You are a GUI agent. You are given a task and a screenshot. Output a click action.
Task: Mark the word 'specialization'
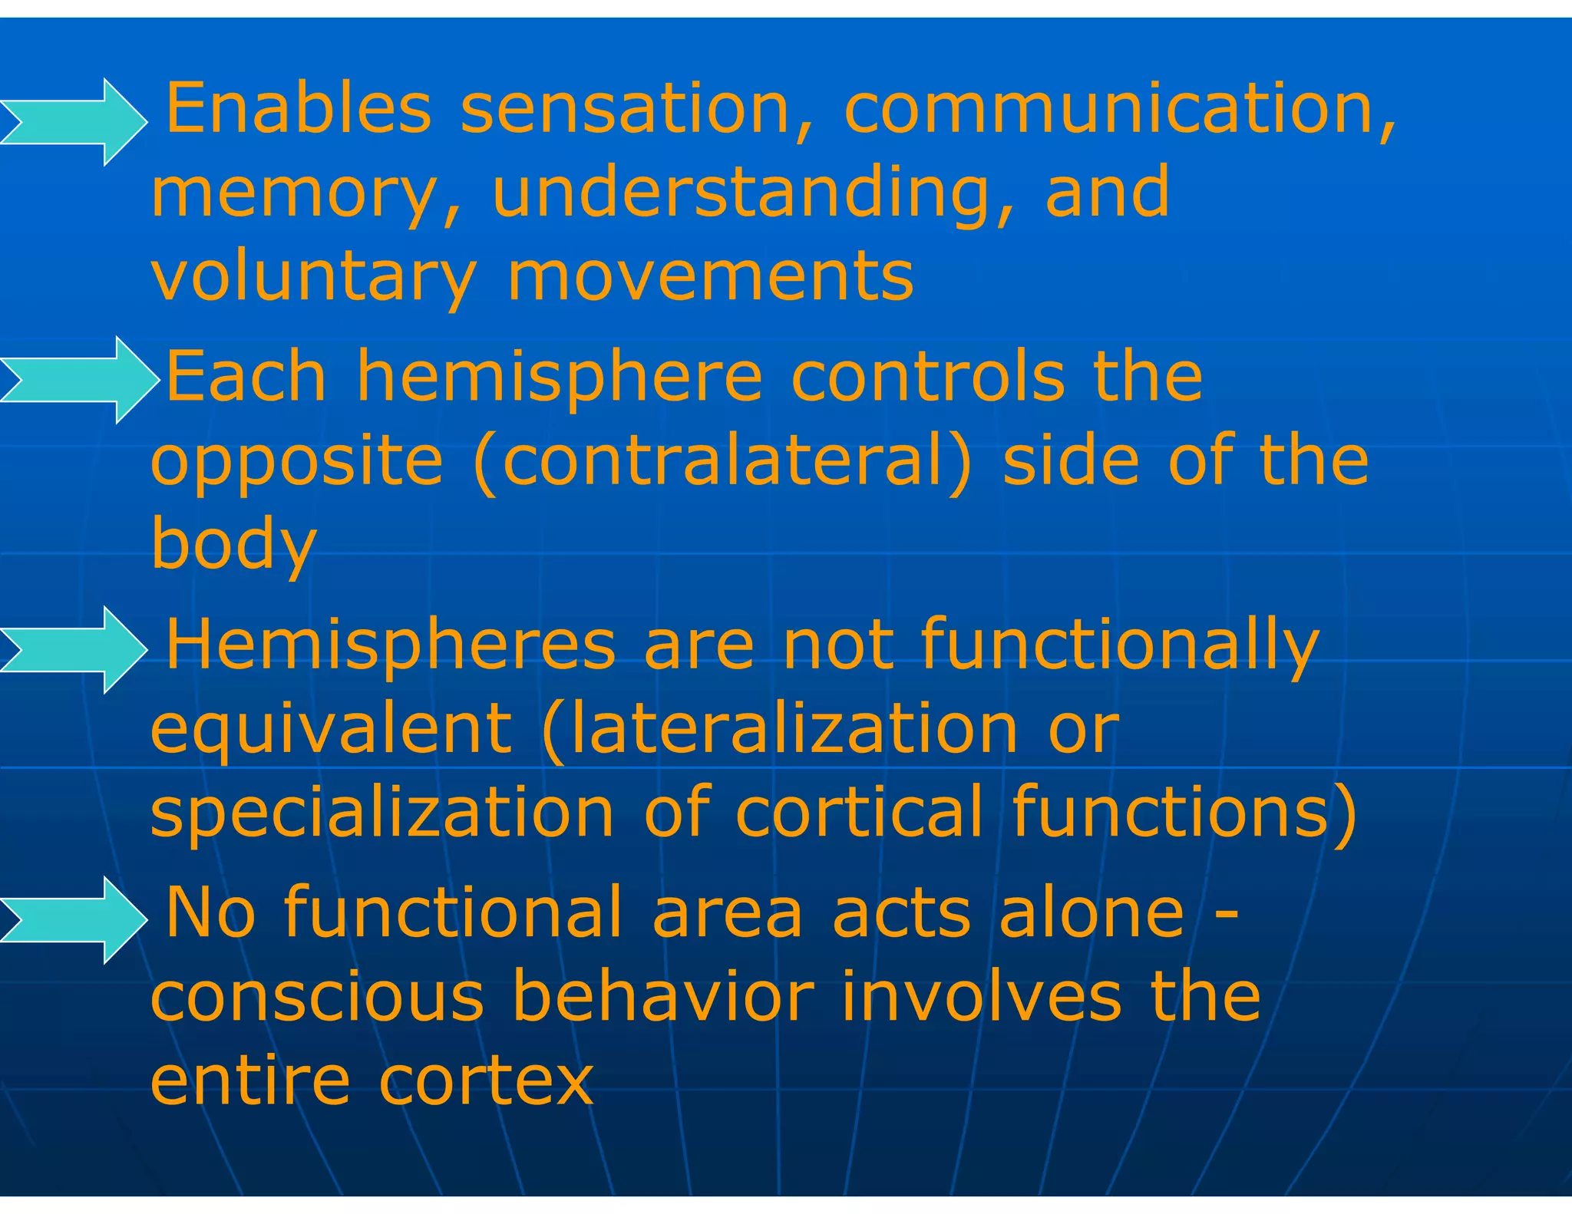coord(382,812)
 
